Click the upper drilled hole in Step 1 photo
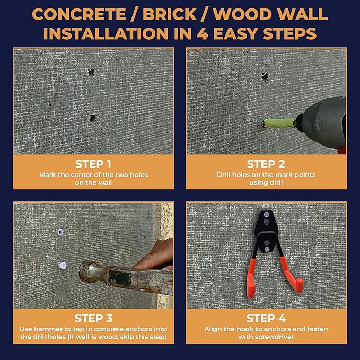[91, 72]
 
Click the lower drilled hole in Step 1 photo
[93, 118]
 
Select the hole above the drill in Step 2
[265, 76]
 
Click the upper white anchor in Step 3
[60, 232]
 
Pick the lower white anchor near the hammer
[62, 266]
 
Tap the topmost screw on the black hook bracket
[267, 215]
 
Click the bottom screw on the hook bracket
[267, 249]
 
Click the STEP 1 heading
[93, 164]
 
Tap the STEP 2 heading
[266, 164]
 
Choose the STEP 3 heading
[93, 318]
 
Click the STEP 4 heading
[266, 318]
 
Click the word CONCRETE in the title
[79, 15]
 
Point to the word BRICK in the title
[170, 15]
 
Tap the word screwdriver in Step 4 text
[266, 337]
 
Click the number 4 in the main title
[203, 34]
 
